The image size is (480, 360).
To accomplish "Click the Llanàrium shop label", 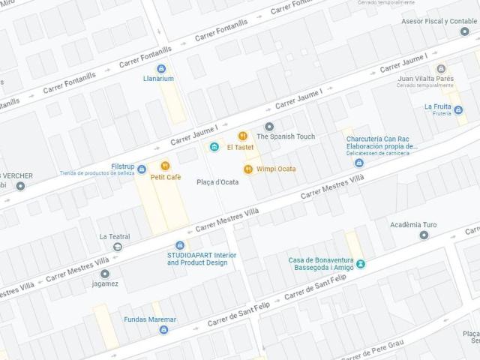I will pos(158,78).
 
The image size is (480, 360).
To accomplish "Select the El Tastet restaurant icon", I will pos(243,136).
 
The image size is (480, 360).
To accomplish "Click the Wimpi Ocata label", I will pos(275,169).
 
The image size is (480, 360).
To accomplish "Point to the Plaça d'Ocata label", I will pos(217,182).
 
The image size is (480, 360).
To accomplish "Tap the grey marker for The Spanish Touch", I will pos(269,126).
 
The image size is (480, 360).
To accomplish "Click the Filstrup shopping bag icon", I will pos(121,171).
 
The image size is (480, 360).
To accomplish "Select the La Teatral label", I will pos(115,236).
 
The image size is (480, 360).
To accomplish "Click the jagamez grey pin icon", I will pos(105,274).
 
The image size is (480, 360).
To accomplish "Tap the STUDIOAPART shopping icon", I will pos(179,245).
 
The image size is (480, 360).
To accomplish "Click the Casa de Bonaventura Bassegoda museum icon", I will pos(361,264).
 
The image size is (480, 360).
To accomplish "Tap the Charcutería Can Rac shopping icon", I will pos(359,163).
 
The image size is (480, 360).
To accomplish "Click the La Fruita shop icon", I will pos(458,110).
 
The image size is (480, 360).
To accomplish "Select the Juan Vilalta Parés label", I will pos(426,78).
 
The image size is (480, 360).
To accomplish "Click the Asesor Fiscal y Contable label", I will pos(439,21).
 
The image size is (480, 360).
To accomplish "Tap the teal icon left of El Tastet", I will pos(214,146).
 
